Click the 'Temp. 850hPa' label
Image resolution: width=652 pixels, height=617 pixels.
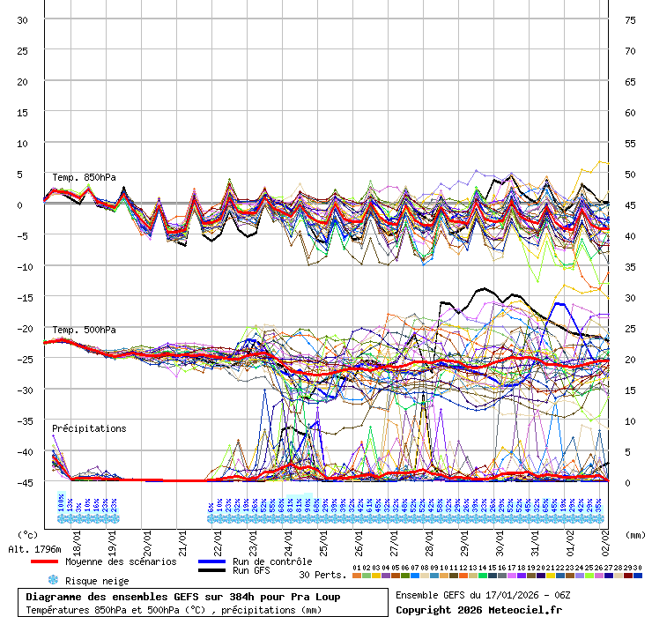click(84, 177)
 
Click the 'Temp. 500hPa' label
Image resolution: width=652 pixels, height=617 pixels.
click(84, 330)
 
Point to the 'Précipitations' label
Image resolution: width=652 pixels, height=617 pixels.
click(89, 428)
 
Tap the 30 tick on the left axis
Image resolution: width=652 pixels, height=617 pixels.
click(23, 19)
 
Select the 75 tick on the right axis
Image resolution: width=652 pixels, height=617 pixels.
click(630, 19)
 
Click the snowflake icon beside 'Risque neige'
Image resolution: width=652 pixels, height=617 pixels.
click(53, 580)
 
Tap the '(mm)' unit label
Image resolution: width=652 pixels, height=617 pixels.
click(633, 534)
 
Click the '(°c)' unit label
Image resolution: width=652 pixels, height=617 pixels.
click(28, 534)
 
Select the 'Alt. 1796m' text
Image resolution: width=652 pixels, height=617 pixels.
click(33, 549)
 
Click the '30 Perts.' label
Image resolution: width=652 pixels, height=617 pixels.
click(321, 575)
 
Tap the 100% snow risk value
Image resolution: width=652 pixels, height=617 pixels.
click(61, 505)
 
